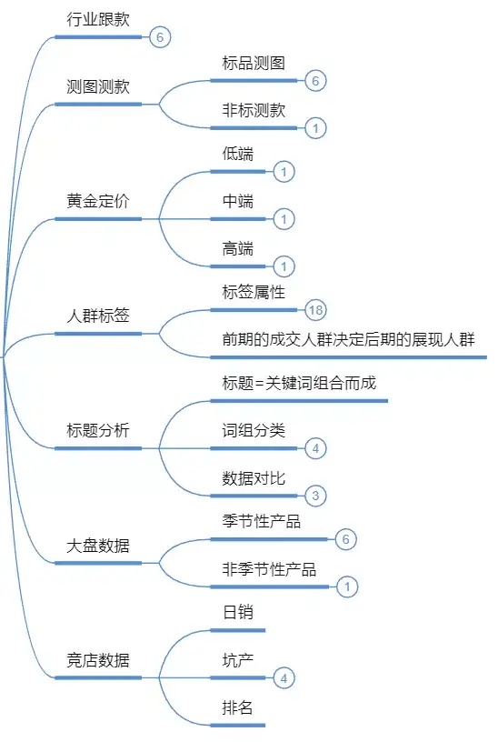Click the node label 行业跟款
98,19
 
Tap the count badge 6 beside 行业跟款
160,37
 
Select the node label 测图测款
98,86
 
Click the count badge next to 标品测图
315,80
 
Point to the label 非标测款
254,110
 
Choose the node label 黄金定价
98,201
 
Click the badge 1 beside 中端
284,219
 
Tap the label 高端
238,248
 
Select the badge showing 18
315,310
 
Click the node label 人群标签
98,316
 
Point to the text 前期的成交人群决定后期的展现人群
349,339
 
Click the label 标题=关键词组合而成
299,383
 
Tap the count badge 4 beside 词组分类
315,448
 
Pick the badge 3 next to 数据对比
315,496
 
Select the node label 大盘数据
98,546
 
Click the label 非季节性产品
270,569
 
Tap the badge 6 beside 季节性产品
345,539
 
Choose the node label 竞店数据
98,660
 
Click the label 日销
238,612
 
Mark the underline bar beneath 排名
238,725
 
